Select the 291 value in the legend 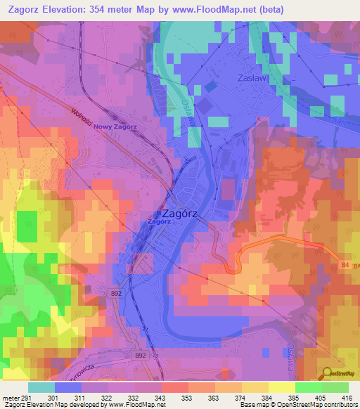(25, 398)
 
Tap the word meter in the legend (9, 398)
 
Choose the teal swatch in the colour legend (41, 387)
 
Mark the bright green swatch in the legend (308, 387)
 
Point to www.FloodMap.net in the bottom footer (137, 405)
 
